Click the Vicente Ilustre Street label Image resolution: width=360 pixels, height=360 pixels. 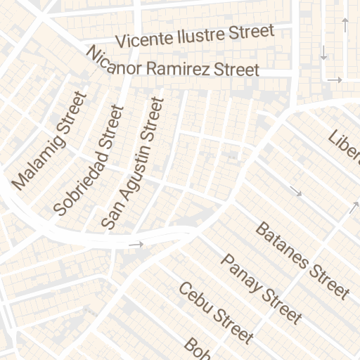coord(195,36)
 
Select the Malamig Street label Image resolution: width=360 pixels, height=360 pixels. coord(49,141)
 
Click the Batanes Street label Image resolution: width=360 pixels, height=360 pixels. coord(302,260)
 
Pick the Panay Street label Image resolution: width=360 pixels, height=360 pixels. coord(261,288)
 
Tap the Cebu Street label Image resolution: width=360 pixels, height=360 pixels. coord(214,313)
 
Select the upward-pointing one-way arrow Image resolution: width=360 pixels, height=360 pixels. coord(345,26)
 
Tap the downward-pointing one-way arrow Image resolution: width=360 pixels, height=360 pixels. coord(324,52)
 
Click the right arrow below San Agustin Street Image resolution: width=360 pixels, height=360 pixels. coord(136,245)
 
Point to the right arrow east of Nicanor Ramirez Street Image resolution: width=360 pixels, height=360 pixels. coord(335,80)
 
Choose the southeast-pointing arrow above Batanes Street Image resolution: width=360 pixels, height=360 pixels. coord(296,191)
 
